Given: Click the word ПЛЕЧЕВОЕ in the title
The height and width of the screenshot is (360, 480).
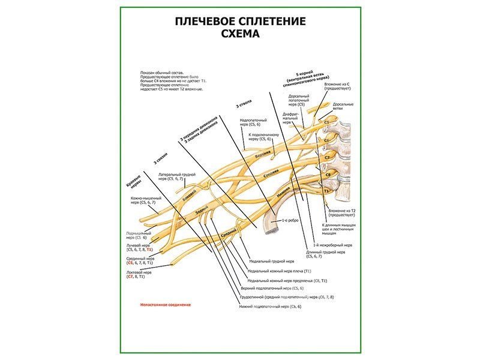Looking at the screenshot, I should tap(206, 22).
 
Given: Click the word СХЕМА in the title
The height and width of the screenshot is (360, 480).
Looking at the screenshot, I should tap(240, 34).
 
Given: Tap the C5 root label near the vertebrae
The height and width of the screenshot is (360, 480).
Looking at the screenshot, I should tap(326, 122).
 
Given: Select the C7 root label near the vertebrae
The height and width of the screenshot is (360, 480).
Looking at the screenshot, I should tap(327, 157).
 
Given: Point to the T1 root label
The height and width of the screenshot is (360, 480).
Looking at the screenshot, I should tap(326, 190).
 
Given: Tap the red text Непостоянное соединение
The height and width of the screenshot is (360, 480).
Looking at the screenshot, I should tap(165, 305).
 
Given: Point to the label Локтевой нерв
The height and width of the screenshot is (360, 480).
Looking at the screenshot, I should tap(139, 272).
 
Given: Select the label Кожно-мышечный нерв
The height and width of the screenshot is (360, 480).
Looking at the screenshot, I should tap(143, 198).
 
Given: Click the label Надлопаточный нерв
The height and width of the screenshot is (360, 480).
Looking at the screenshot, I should tap(253, 120).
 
